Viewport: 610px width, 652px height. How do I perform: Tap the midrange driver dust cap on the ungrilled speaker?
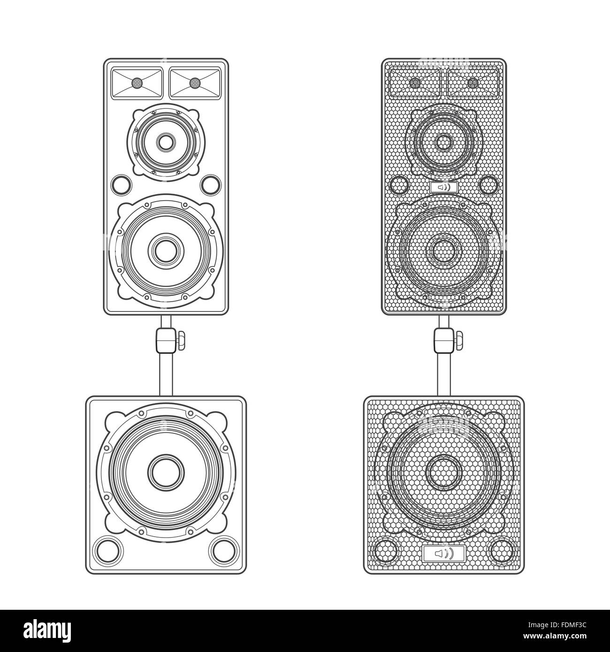165,141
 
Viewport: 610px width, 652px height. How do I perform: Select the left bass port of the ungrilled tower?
120,184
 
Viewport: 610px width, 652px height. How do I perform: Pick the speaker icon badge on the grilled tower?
443,188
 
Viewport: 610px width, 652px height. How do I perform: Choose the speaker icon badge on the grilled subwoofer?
443,554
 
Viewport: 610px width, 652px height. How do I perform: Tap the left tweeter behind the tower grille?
415,83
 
